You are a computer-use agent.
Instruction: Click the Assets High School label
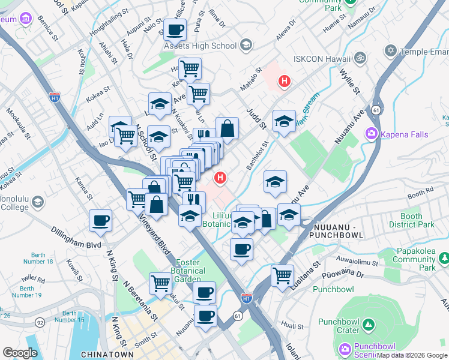(200, 46)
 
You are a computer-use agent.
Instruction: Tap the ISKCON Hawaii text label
(321, 58)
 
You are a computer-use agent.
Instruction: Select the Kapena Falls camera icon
(372, 134)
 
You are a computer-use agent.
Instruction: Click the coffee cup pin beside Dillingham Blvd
(100, 220)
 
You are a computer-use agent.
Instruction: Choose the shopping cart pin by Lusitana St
(282, 275)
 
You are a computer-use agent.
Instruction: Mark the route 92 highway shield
(40, 322)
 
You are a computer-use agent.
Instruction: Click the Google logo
(20, 353)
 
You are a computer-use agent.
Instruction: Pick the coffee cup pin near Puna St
(175, 29)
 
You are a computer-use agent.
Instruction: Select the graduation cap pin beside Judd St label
(284, 121)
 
